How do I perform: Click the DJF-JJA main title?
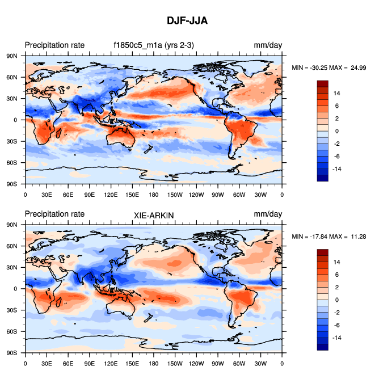coord(187,21)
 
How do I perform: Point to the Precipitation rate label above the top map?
coord(54,45)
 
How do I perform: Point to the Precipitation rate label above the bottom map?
coord(54,214)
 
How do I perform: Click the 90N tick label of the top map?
coord(11,56)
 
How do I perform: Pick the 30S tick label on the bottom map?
coord(11,310)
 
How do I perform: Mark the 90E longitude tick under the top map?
coord(89,195)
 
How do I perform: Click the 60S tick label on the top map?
coord(11,163)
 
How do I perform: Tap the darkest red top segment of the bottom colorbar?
coord(322,252)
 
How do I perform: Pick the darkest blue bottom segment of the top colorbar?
coord(322,178)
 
